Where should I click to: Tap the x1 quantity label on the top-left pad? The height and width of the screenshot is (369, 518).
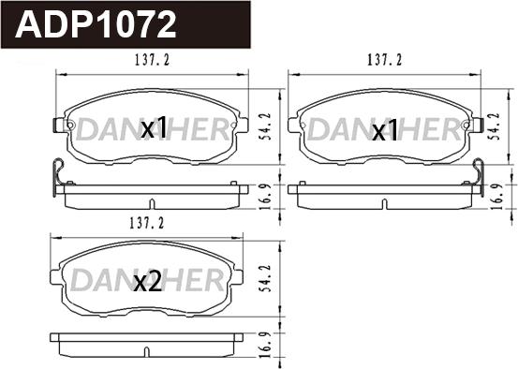pyautogui.click(x=154, y=128)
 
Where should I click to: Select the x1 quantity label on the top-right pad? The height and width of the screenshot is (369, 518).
pyautogui.click(x=384, y=131)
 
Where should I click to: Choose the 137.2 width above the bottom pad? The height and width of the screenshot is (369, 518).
pyautogui.click(x=146, y=224)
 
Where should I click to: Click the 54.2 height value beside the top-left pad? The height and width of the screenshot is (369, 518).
pyautogui.click(x=266, y=125)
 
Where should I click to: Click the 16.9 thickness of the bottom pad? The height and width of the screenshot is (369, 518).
pyautogui.click(x=266, y=345)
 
